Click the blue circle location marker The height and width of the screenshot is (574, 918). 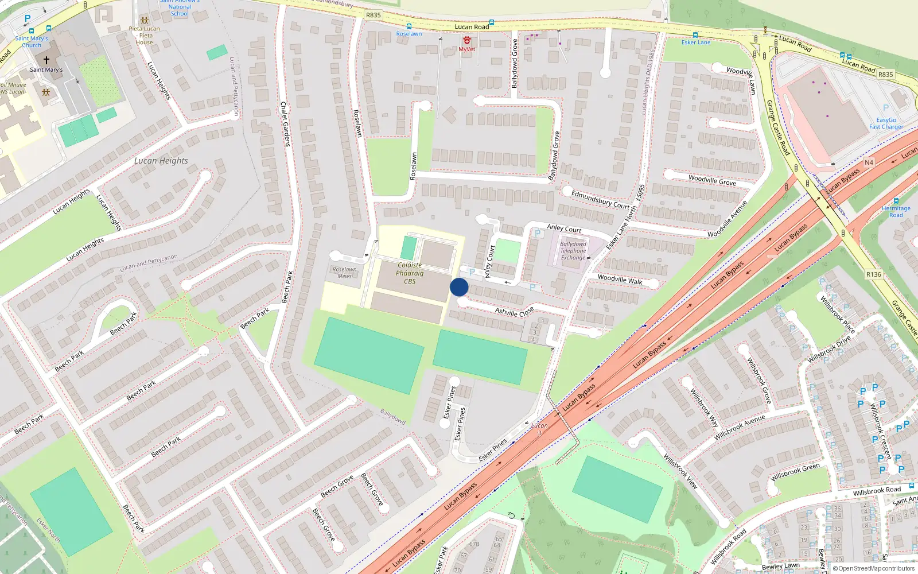pos(459,287)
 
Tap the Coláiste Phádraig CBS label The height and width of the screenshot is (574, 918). pos(410,273)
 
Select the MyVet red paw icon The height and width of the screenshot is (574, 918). pos(467,40)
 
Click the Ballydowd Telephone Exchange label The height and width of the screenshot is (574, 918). pos(573,251)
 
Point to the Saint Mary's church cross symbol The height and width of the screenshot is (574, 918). pos(46,60)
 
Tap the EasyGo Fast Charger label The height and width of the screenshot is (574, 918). pos(886,123)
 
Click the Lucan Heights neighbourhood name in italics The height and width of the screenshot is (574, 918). pos(161,161)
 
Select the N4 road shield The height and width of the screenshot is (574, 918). pos(869,162)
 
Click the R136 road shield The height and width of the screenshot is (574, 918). pos(873,274)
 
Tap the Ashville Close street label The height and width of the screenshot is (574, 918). pos(514,312)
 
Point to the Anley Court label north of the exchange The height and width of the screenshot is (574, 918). pos(564,228)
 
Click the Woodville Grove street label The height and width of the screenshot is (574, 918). pos(712,180)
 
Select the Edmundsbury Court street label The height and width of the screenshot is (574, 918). pos(600,200)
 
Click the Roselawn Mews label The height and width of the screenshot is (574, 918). pos(344,273)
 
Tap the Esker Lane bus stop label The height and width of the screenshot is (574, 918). pos(695,42)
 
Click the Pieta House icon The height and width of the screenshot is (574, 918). pos(144,21)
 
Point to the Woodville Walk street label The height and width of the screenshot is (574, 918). pos(620,280)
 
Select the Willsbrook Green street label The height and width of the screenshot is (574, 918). pos(795,472)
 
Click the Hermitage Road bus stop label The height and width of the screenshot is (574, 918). pos(896,211)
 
